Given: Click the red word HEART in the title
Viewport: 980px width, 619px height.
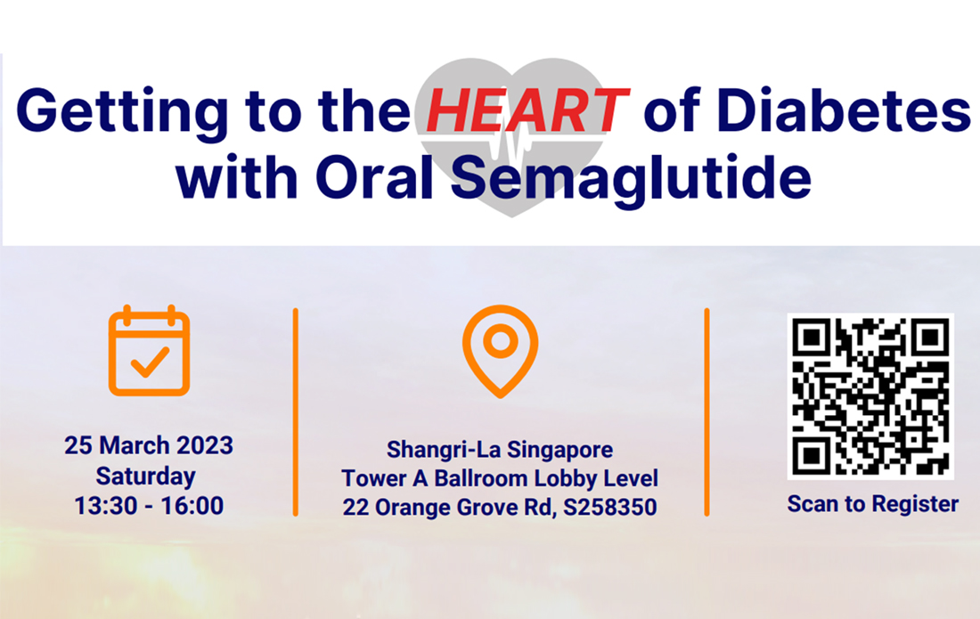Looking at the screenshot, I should click(527, 112).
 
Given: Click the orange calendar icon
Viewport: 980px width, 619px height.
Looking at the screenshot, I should click(149, 351).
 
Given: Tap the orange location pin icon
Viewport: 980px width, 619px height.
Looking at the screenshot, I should click(500, 350).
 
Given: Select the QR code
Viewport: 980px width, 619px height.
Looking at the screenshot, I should click(870, 396).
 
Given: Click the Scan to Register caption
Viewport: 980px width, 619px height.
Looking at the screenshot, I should click(872, 504).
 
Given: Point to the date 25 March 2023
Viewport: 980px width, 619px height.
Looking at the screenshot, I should click(149, 444).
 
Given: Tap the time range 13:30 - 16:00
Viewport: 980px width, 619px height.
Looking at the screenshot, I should click(149, 506).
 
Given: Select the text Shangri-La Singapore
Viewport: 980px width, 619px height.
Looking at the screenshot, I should click(500, 449).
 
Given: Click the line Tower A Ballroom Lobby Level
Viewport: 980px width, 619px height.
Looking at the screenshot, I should click(500, 478).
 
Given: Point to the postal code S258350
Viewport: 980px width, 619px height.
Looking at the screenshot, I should click(609, 508).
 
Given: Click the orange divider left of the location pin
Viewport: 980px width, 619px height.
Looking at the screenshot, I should click(295, 411).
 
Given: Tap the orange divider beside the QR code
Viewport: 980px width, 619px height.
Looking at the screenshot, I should click(706, 411).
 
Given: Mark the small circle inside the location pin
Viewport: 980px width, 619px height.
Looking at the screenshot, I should click(500, 339).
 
